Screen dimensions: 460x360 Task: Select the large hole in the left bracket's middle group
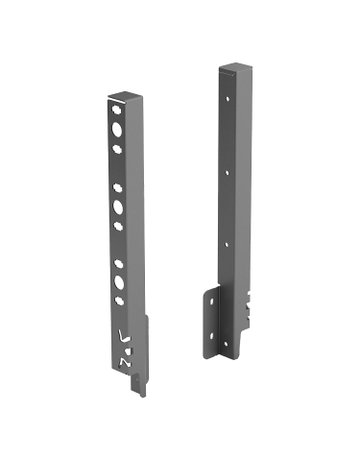(x=119, y=207)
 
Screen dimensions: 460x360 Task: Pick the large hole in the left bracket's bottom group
(x=120, y=282)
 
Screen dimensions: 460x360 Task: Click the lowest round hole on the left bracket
(x=120, y=300)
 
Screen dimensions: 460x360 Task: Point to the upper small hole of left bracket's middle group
(x=118, y=187)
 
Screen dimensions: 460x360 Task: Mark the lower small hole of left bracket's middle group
(x=119, y=226)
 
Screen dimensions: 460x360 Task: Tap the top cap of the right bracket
(x=229, y=68)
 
